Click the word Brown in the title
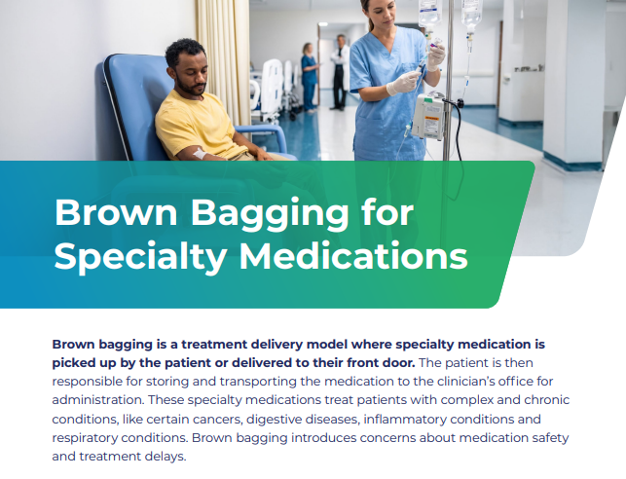116,212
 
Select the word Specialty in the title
140,258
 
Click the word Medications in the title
353,255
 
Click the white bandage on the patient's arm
200,153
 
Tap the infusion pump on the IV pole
428,116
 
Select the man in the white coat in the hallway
340,72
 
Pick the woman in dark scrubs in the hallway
310,77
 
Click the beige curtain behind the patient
223,60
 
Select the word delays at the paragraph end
166,457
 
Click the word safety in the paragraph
550,438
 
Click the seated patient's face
192,75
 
